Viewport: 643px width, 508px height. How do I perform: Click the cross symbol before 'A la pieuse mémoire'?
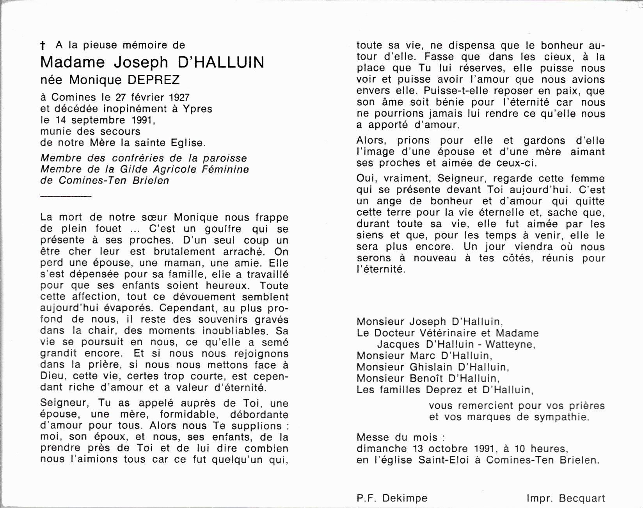click(x=42, y=46)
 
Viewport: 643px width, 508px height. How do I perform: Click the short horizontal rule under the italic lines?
click(x=66, y=196)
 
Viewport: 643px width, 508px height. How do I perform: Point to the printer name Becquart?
click(x=582, y=498)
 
